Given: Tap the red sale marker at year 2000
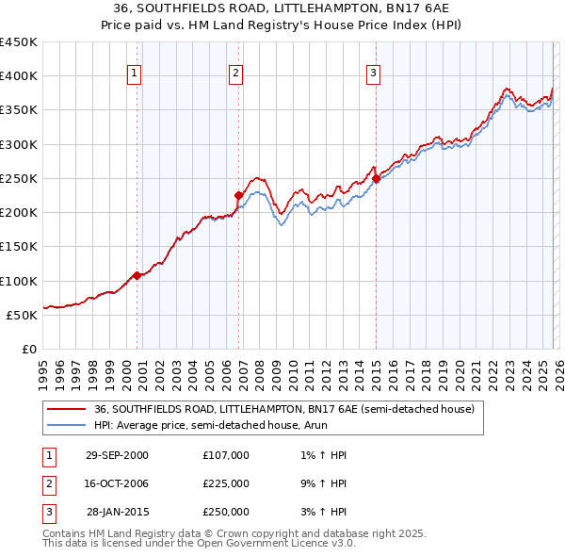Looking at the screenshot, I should pos(137,276).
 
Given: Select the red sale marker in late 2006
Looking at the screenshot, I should pos(239,195).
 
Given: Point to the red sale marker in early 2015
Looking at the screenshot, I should pos(377,178).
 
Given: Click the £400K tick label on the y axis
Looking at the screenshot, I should pos(18,76).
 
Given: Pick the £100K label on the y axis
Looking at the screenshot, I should pos(18,281).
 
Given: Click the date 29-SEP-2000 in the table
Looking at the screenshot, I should pos(117,455).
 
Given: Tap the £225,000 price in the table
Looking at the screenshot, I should pos(226,483).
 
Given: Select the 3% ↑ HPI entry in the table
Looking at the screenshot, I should pos(323,512).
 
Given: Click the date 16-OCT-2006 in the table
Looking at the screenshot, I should pos(117,483).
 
